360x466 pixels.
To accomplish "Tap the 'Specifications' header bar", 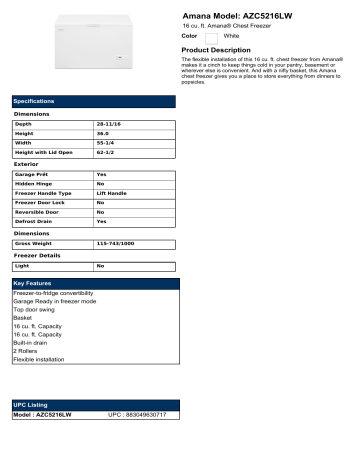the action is coord(94,102).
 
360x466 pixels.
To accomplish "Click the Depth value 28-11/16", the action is coord(111,124).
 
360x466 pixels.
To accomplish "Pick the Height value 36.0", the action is coord(102,133).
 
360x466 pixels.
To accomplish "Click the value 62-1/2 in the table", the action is coord(107,153).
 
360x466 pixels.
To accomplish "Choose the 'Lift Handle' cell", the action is coord(111,193).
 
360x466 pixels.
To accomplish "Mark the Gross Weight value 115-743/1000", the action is coord(118,243).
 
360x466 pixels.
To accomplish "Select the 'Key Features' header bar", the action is coord(94,285).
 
